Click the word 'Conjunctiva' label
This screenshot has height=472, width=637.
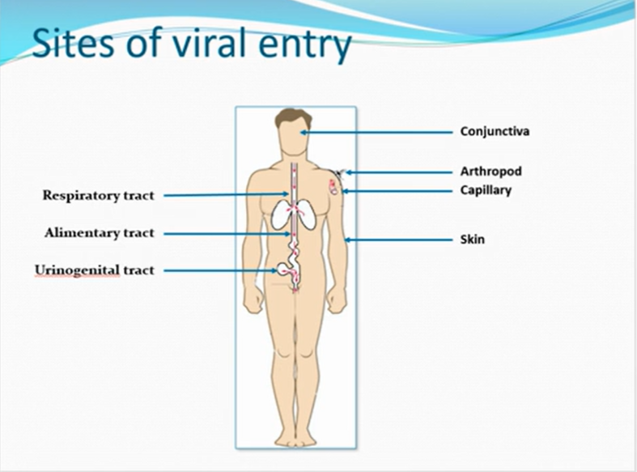pyautogui.click(x=495, y=131)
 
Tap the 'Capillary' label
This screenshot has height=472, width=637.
pyautogui.click(x=486, y=191)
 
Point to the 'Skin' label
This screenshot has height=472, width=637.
pyautogui.click(x=472, y=240)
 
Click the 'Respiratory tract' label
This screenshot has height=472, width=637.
pyautogui.click(x=97, y=195)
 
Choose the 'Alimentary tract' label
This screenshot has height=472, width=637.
pyautogui.click(x=99, y=233)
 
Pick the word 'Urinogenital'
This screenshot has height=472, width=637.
pyautogui.click(x=78, y=270)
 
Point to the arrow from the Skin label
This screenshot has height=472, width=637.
pyautogui.click(x=397, y=240)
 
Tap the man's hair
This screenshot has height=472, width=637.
pyautogui.click(x=293, y=117)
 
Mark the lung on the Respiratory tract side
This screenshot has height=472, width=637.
pyautogui.click(x=280, y=215)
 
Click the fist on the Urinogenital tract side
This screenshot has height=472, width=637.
pyautogui.click(x=254, y=300)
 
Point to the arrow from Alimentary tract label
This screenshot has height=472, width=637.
pyautogui.click(x=227, y=233)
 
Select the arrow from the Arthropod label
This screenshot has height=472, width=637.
pyautogui.click(x=397, y=172)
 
